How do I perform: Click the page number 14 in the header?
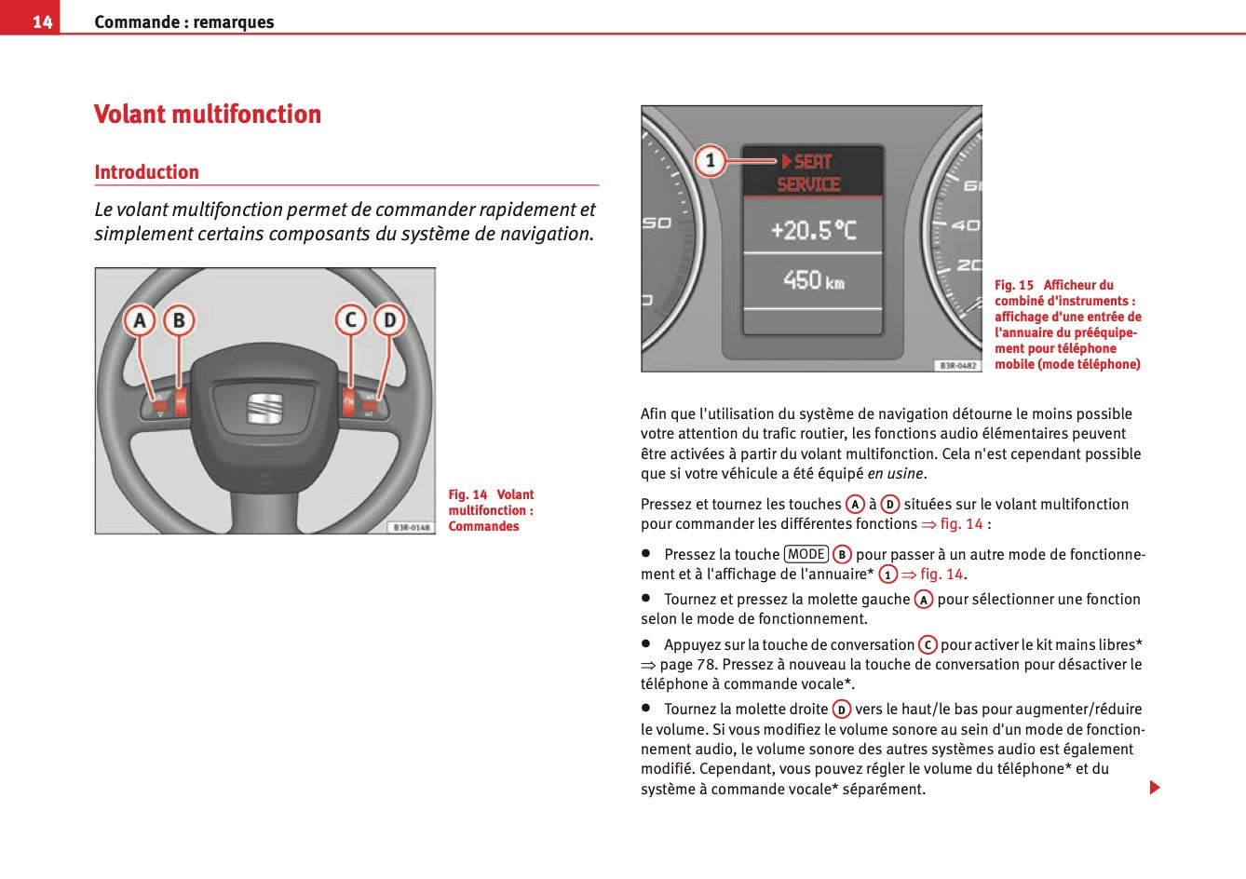[x=42, y=21]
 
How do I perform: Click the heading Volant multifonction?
[x=208, y=115]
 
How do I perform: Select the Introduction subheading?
[x=146, y=172]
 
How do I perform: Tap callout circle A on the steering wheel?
[x=140, y=321]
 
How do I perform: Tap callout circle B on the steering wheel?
[x=179, y=321]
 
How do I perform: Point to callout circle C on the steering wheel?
[x=350, y=321]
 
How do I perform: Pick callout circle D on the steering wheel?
[x=389, y=321]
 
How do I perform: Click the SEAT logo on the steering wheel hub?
[x=264, y=409]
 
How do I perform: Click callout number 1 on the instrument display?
[x=711, y=161]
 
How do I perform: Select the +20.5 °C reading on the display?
[x=813, y=230]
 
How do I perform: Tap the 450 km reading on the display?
[x=813, y=280]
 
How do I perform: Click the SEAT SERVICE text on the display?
[x=809, y=173]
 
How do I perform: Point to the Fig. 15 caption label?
[x=1014, y=285]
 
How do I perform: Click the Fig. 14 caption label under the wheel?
[x=467, y=494]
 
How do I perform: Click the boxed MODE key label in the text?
[x=806, y=554]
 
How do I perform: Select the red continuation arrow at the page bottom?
[x=1155, y=788]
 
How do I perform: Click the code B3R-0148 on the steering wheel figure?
[x=411, y=527]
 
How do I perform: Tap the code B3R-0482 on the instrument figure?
[x=957, y=366]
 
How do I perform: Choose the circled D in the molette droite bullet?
[x=842, y=710]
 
